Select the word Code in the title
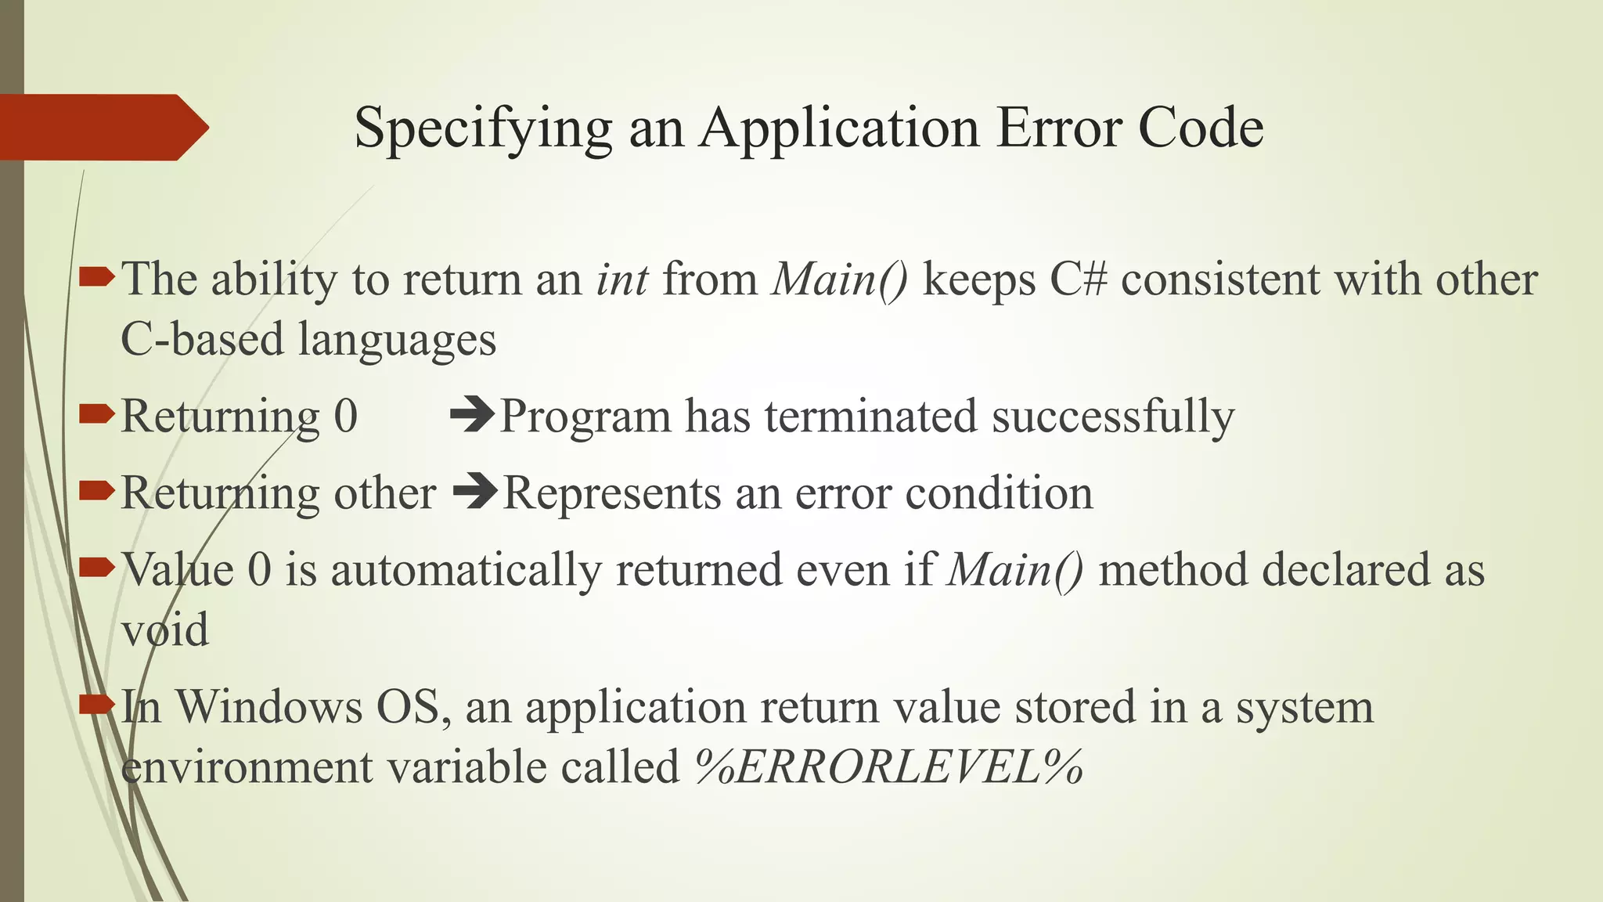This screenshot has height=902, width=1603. point(1201,127)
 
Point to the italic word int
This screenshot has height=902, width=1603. point(622,280)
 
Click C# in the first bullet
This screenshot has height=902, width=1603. point(1079,280)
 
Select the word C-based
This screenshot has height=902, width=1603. point(202,340)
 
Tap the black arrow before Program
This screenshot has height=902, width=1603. point(473,415)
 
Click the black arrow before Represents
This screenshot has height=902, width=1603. point(475,492)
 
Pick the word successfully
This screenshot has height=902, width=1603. point(1113,417)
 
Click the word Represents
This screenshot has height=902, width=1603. point(611,493)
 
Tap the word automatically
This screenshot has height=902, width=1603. point(466,570)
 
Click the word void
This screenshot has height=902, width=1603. point(165,630)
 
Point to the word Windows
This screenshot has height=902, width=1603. point(268,707)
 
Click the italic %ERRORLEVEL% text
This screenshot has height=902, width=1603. point(889,767)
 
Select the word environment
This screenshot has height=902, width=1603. point(247,767)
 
